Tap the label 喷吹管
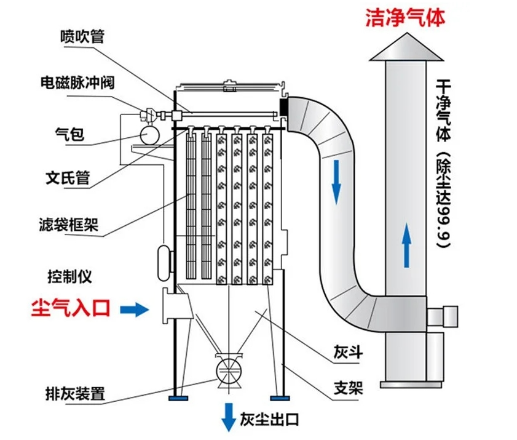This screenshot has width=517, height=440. (82, 37)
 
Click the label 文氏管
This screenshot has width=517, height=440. (68, 179)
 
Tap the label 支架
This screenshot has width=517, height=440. (348, 389)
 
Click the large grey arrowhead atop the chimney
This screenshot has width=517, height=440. (406, 46)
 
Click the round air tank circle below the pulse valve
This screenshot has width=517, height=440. (148, 133)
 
